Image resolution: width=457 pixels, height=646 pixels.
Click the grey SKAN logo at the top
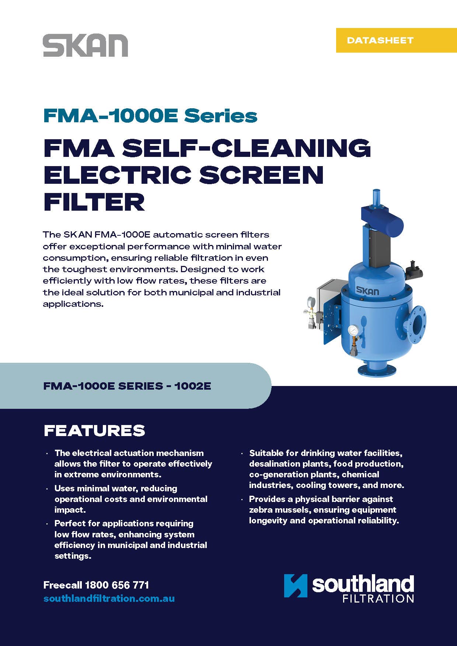[x=86, y=46]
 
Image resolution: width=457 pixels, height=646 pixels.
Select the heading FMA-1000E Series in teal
[x=150, y=116]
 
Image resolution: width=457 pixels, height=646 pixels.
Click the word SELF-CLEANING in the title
[x=247, y=148]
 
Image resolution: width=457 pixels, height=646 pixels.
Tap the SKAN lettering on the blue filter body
[x=367, y=291]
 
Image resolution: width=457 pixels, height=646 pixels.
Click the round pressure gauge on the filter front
[x=353, y=330]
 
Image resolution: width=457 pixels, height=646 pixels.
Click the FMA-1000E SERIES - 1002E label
[x=127, y=386]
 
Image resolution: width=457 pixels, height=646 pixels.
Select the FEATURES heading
[x=94, y=431]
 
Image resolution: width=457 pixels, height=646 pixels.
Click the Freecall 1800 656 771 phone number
[x=96, y=585]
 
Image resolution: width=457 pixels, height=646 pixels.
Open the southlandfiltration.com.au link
[x=109, y=598]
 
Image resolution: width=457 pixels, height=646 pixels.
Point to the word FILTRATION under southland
[x=378, y=598]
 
